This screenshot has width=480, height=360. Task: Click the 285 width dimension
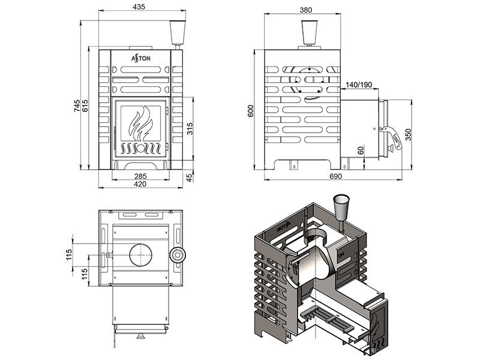point(140,176)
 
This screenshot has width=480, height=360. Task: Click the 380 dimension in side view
point(306,10)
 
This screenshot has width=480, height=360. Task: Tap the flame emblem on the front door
point(140,124)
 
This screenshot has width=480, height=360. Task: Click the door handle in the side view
point(393,137)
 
